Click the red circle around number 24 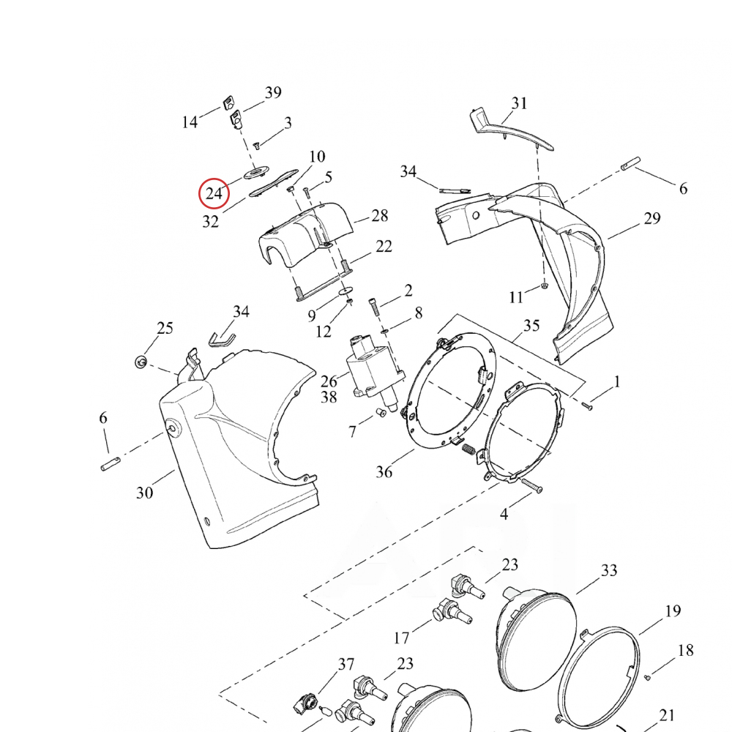point(214,193)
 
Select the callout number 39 point(272,93)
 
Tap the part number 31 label point(519,103)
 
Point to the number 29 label point(651,218)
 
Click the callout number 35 point(531,326)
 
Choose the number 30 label point(144,493)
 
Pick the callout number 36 point(384,472)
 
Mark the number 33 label point(609,570)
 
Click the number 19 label point(673,611)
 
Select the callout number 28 point(379,216)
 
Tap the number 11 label point(517,296)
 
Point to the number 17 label point(401,638)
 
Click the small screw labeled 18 point(647,678)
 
